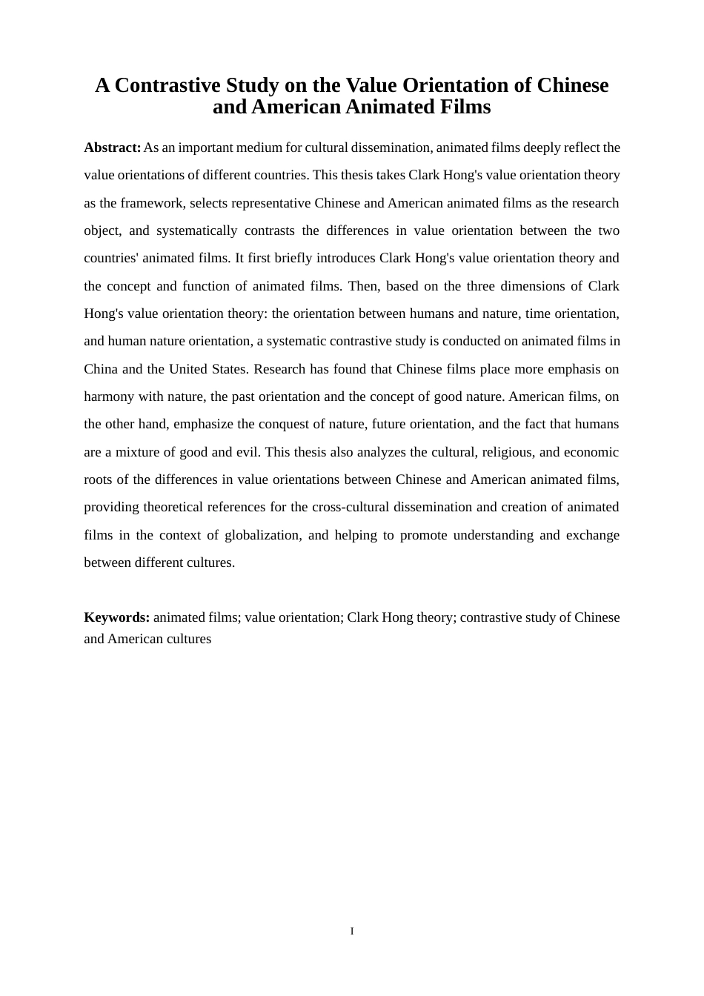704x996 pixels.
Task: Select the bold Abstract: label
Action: point(112,147)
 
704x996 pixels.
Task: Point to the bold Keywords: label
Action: point(116,617)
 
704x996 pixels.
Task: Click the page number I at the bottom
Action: point(352,931)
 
